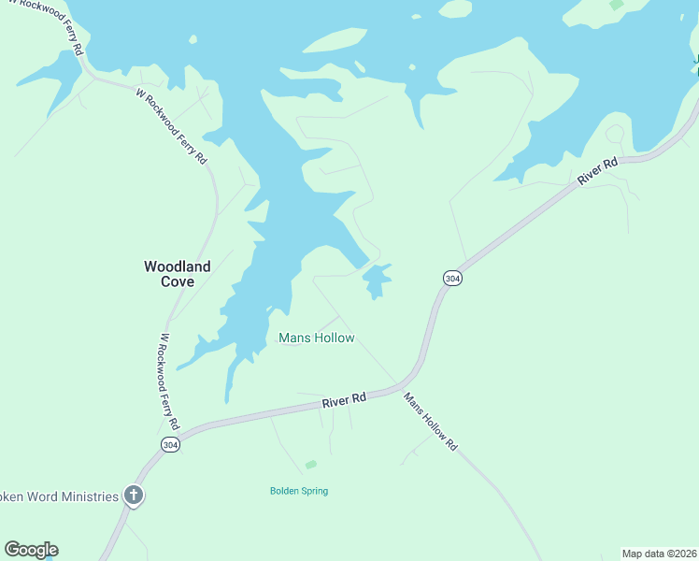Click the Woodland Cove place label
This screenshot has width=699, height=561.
(177, 273)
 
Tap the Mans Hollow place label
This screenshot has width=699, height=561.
(317, 338)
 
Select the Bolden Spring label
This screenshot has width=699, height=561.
(299, 491)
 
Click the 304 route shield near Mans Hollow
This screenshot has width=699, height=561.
(451, 279)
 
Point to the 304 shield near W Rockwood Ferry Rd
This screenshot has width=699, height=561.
(169, 445)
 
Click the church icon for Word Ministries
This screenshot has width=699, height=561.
(134, 496)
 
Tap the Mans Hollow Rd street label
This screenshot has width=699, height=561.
(430, 421)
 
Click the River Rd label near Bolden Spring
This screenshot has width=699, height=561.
(343, 399)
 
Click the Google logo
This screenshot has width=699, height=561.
(31, 550)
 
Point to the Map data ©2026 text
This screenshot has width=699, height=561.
(658, 553)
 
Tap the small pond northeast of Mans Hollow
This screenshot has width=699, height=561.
(376, 279)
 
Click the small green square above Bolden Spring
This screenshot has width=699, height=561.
(311, 464)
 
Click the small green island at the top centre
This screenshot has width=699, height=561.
(455, 8)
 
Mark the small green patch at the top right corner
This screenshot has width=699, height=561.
(617, 5)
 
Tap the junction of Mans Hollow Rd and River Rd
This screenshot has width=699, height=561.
(396, 386)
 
